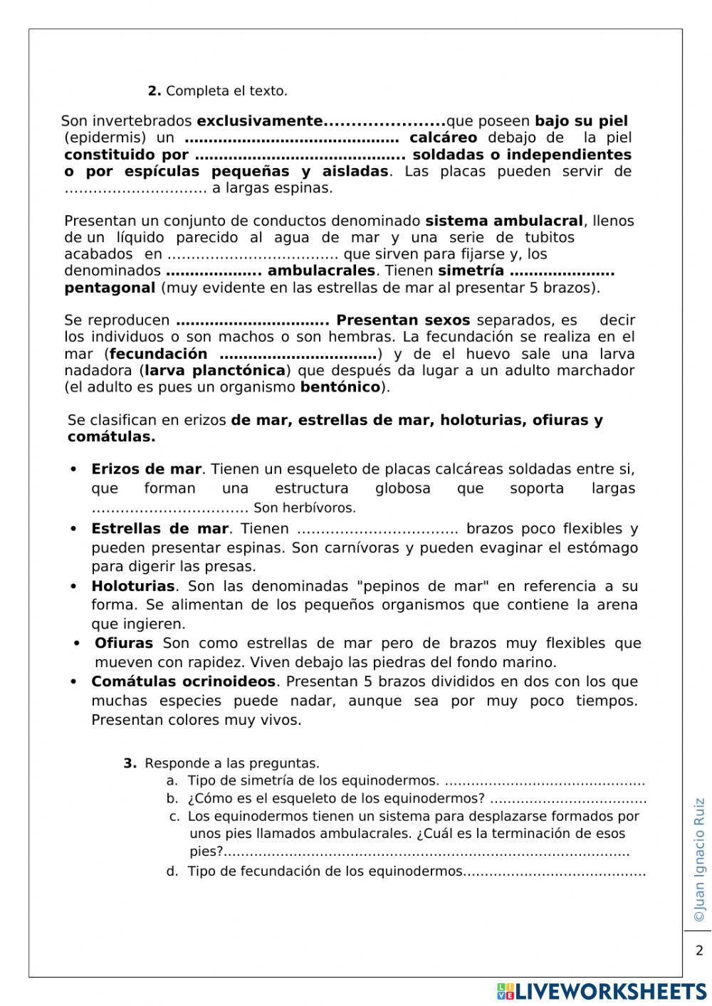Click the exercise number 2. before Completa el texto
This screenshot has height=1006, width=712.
point(155,91)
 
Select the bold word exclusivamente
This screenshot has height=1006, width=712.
point(260,121)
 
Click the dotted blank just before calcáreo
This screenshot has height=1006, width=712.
point(291,138)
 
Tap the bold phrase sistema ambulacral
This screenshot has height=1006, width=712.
point(504,221)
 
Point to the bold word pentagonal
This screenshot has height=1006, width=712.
point(110,288)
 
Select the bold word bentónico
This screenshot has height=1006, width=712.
point(340,387)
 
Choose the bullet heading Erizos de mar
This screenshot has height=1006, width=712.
point(146,469)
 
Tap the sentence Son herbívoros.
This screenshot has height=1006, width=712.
point(304,508)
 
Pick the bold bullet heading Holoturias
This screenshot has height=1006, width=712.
point(133,586)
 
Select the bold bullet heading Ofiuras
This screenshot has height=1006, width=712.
point(124,643)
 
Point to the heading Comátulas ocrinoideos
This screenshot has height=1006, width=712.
point(183,681)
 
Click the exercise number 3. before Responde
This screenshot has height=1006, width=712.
point(130,763)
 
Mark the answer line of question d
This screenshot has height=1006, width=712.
point(555,872)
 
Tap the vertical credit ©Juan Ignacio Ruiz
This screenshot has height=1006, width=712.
point(698,860)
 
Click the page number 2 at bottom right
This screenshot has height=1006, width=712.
point(698,950)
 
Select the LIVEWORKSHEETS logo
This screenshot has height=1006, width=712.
point(602,992)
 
